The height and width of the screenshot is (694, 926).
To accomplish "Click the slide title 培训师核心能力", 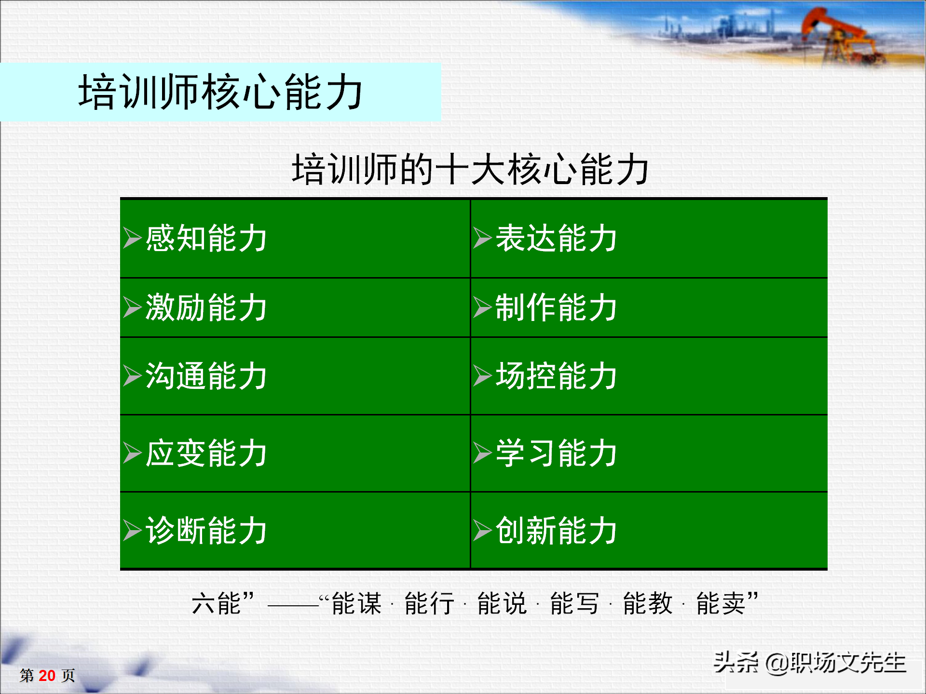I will pos(220,92).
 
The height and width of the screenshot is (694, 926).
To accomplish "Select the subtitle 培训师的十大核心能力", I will pos(470,169).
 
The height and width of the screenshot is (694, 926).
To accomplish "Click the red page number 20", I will pos(47,676).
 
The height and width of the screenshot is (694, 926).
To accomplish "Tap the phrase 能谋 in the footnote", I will pos(356,603).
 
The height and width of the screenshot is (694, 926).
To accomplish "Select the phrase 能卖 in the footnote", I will pos(721,603).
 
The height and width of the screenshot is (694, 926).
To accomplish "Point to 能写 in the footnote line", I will pos(574,603).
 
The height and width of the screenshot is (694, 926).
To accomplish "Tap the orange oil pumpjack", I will pos(839,34).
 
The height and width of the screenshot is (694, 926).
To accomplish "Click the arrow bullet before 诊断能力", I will pos(132,530).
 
